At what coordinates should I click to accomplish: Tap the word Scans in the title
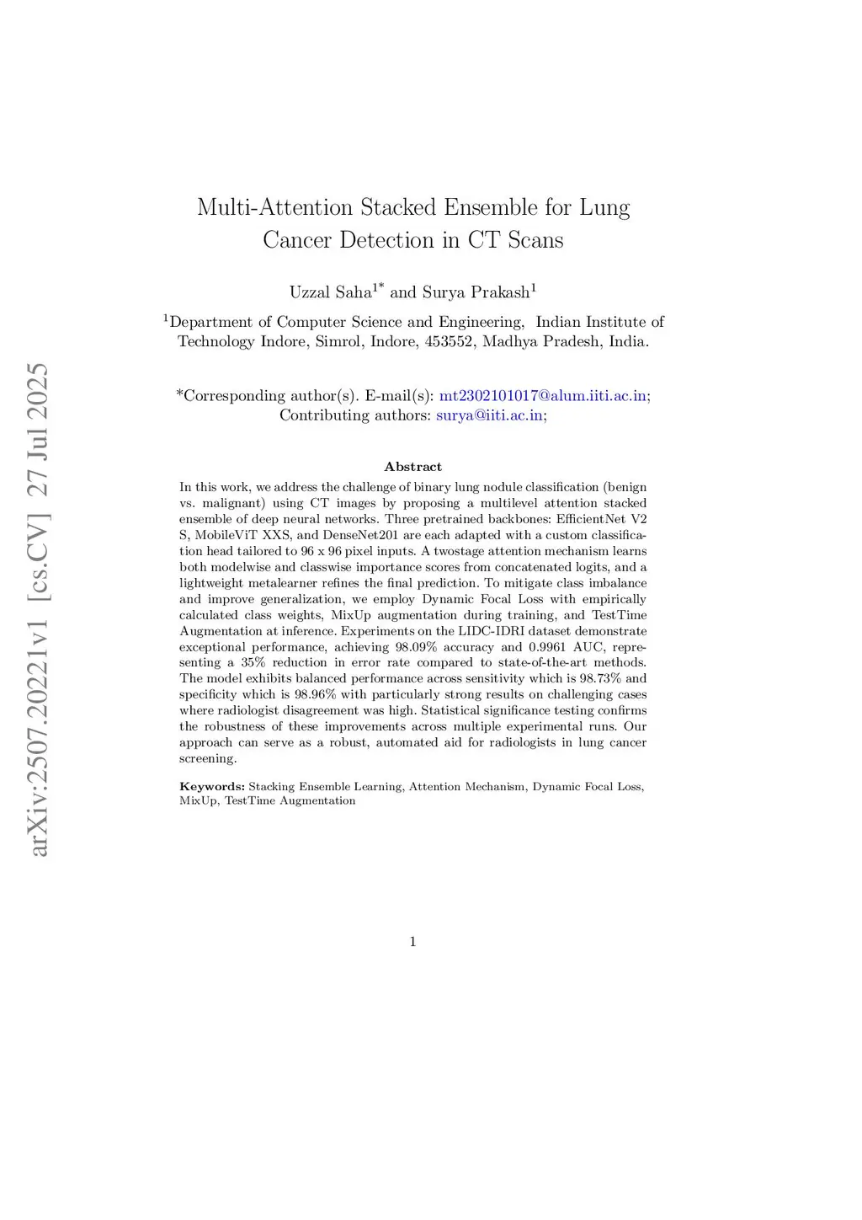[x=535, y=240]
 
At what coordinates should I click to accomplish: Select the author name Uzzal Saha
[x=330, y=292]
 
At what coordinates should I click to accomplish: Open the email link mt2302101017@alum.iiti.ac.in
[x=543, y=395]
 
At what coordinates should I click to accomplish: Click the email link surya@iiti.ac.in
[x=489, y=415]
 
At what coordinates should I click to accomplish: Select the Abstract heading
[x=412, y=467]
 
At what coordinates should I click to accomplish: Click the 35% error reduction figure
[x=253, y=662]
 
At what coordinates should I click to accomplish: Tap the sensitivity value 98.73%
[x=600, y=678]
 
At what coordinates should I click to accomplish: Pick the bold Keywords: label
[x=211, y=787]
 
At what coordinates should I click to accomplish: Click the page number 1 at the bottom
[x=412, y=942]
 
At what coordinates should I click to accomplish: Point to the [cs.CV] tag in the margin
[x=39, y=556]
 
